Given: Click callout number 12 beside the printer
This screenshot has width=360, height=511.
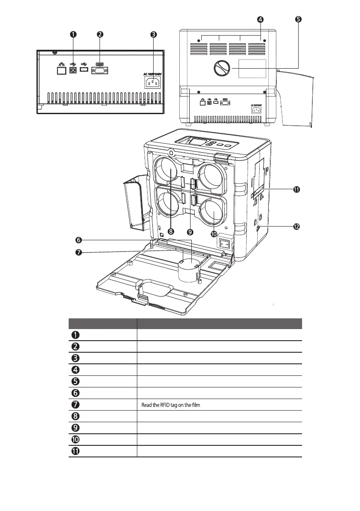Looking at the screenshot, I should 296,226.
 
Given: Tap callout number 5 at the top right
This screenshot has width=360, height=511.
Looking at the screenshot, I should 298,19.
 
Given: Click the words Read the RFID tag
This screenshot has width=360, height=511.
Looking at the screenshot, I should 156,404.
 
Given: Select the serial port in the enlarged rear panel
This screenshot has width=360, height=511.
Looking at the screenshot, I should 99,70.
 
